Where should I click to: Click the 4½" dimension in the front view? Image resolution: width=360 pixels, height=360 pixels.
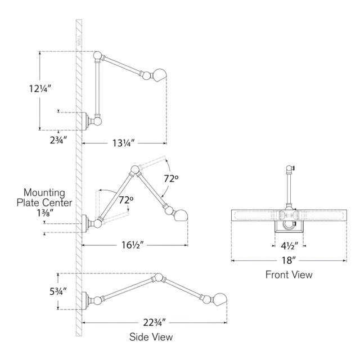pos(289,245)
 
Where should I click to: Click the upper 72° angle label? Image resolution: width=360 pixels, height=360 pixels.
pos(172,179)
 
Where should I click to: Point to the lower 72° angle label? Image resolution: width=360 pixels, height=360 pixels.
pos(127,199)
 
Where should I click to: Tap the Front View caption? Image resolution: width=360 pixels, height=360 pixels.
pos(289,275)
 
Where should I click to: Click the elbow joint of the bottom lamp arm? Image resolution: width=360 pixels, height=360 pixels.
pos(161,277)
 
